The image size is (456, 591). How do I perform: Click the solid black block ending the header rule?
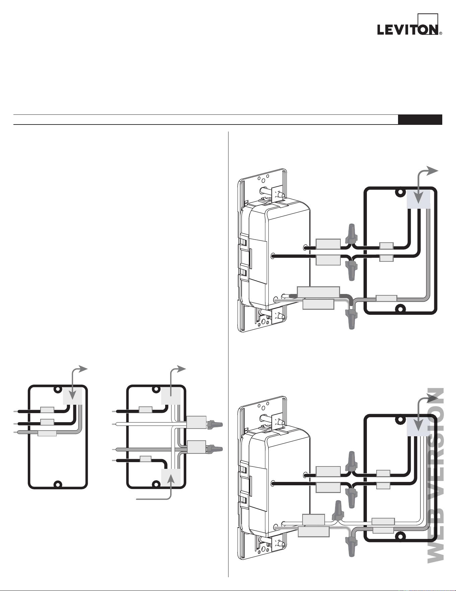(420, 119)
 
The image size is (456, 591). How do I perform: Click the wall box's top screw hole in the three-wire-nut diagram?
(400, 193)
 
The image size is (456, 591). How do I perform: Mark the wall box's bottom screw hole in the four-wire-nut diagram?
(400, 536)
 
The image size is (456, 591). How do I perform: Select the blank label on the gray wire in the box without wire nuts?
(47, 434)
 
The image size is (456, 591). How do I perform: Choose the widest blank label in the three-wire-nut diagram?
(319, 292)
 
